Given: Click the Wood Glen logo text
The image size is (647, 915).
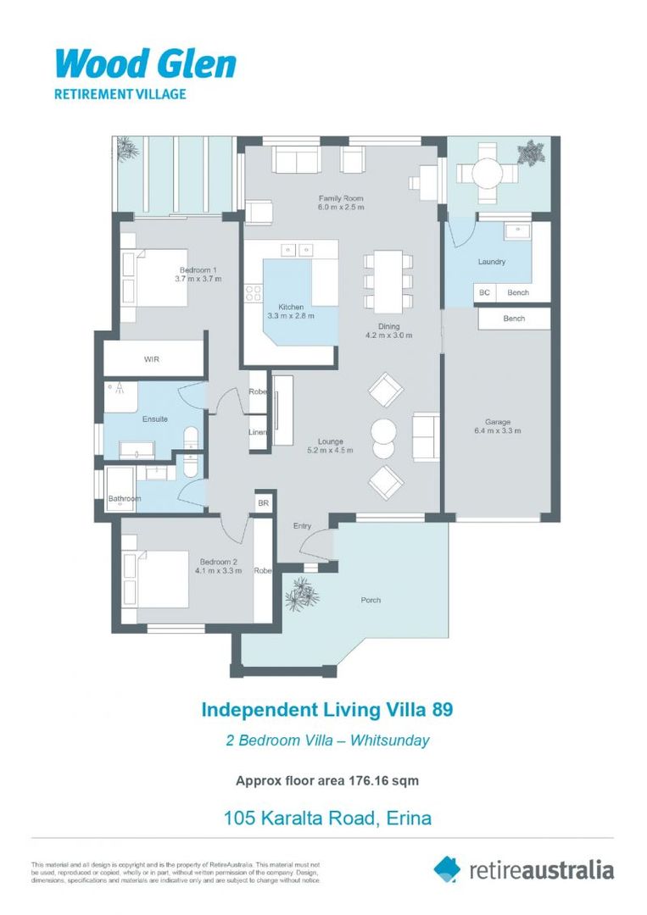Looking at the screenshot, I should pyautogui.click(x=145, y=64).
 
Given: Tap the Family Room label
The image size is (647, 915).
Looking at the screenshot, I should pyautogui.click(x=341, y=197).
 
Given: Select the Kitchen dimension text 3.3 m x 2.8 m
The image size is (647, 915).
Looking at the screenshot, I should pyautogui.click(x=291, y=316).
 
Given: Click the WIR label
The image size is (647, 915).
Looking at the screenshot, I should pyautogui.click(x=152, y=359).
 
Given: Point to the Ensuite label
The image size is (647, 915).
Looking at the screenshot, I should pyautogui.click(x=154, y=419).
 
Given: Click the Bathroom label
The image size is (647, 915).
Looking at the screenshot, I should pyautogui.click(x=124, y=499).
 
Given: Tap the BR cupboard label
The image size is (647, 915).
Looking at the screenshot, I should pyautogui.click(x=263, y=503).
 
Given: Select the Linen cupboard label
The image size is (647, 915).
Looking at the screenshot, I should pyautogui.click(x=258, y=432).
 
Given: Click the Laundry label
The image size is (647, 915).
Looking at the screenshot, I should pyautogui.click(x=492, y=262).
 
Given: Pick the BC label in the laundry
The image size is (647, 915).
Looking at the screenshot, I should pyautogui.click(x=484, y=293).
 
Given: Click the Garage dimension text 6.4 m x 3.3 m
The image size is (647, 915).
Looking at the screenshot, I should pyautogui.click(x=497, y=431).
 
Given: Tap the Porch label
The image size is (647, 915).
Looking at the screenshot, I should pyautogui.click(x=371, y=600).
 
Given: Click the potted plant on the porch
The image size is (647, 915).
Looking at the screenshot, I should pyautogui.click(x=301, y=594).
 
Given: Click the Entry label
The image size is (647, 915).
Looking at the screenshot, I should pyautogui.click(x=303, y=526).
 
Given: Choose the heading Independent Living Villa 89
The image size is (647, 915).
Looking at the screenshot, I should pyautogui.click(x=326, y=709).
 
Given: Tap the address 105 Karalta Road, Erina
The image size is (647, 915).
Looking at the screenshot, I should pyautogui.click(x=327, y=818).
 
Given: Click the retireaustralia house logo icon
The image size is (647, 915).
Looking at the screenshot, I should pyautogui.click(x=447, y=868).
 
